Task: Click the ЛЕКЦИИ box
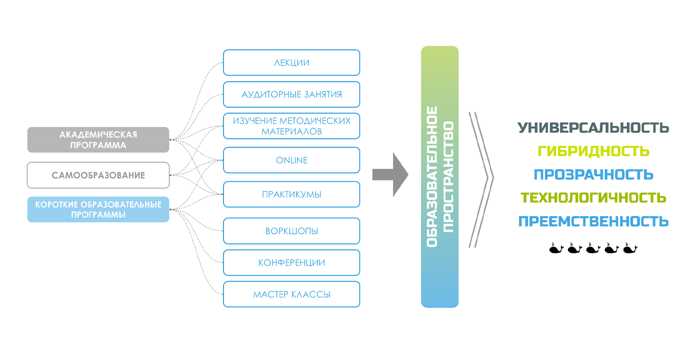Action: point(291,62)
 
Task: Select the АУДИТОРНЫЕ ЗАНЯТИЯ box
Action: point(291,94)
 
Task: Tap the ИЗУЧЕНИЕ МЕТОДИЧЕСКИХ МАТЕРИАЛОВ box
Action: point(291,126)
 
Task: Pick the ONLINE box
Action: point(291,160)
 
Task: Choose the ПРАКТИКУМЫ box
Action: point(291,194)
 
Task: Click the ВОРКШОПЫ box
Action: point(291,231)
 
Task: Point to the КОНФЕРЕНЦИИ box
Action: point(291,262)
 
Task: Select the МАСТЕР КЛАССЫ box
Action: point(291,294)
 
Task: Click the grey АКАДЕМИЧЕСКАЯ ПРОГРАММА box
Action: point(98,139)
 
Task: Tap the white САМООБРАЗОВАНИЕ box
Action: point(98,175)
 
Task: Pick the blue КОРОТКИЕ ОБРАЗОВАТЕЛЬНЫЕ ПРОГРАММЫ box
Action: point(98,209)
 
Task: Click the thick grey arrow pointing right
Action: point(390,174)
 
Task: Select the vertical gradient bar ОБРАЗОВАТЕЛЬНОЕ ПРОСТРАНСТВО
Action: point(439,176)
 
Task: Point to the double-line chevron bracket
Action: point(481,179)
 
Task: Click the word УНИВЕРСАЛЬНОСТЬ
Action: point(593,128)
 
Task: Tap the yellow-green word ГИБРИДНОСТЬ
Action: point(593,151)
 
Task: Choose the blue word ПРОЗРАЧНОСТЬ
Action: point(593,174)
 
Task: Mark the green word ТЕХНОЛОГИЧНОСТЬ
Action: point(593,197)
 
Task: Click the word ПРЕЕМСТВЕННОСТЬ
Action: point(593,221)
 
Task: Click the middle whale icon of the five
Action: point(593,248)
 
